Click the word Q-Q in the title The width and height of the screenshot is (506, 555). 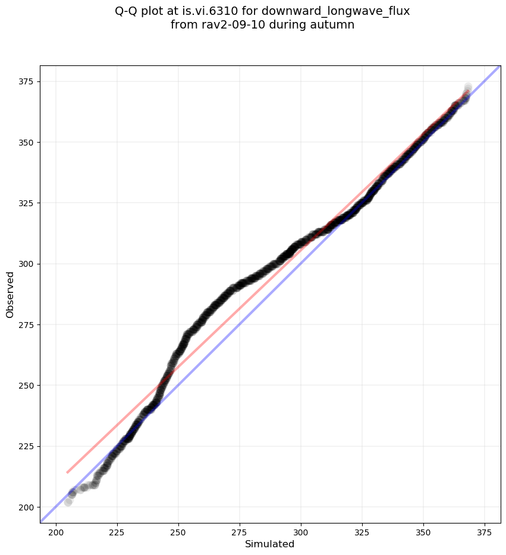pos(127,11)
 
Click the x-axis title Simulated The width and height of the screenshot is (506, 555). pos(270,544)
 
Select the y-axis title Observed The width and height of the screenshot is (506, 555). pos(10,294)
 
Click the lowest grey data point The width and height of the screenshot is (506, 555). pos(68,502)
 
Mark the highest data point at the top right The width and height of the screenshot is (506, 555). pos(468,87)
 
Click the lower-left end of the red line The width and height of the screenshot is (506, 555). pos(67,472)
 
